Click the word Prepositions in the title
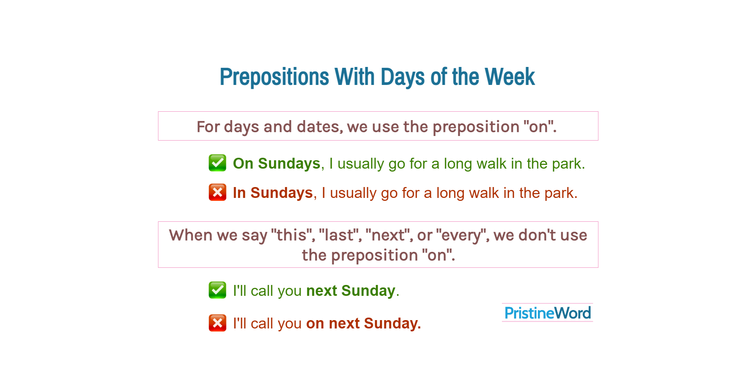[274, 77]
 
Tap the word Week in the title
[510, 77]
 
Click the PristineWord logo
[547, 313]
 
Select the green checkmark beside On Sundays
[217, 163]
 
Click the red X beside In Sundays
[217, 192]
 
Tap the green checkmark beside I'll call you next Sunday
[217, 290]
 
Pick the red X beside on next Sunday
[217, 323]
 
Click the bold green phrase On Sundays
[276, 164]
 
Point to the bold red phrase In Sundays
[273, 193]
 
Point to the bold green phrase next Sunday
[351, 291]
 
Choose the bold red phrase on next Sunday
[363, 323]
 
